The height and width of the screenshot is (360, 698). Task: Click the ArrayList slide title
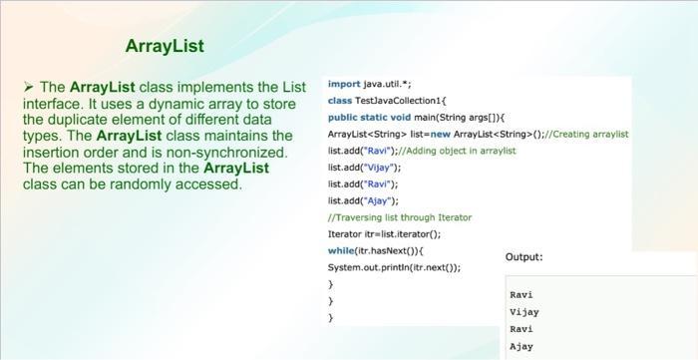click(x=165, y=46)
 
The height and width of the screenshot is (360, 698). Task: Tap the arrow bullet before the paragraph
click(x=28, y=87)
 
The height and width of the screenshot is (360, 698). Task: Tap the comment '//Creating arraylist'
click(x=589, y=134)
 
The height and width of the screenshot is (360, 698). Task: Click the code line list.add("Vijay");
click(x=363, y=168)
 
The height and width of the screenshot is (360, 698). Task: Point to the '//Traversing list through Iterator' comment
click(x=399, y=217)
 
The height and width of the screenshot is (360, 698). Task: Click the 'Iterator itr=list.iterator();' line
click(x=384, y=234)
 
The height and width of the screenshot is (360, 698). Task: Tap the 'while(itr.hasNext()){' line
click(x=375, y=250)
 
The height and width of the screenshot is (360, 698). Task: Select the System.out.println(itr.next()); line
click(x=394, y=267)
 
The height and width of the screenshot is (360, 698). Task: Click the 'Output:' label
click(x=524, y=257)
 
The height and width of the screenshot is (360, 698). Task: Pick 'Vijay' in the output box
click(x=523, y=312)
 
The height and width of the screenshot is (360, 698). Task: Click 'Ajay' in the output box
click(x=522, y=346)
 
